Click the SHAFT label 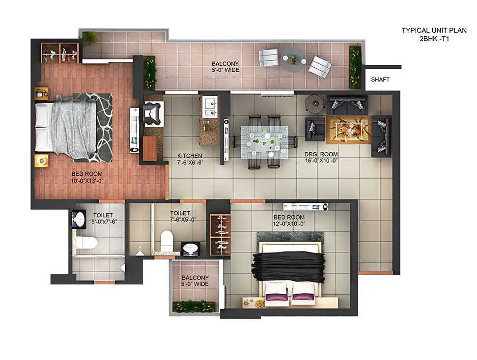pos(380,80)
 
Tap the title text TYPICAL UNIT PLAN pos(434,30)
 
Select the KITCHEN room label pos(190,156)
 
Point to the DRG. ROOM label pos(321,154)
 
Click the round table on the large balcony pos(293,59)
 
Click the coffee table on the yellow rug pos(349,129)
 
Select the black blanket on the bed pos(288,268)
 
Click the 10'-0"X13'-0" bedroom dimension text pos(87,181)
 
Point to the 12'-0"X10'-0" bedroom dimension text pos(289,224)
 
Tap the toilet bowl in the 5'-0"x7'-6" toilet pos(86,242)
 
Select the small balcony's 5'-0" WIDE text pos(195,284)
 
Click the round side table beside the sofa pos(316,103)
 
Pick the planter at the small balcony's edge pos(195,306)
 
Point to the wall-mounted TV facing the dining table pos(226,140)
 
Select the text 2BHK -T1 pos(434,39)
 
